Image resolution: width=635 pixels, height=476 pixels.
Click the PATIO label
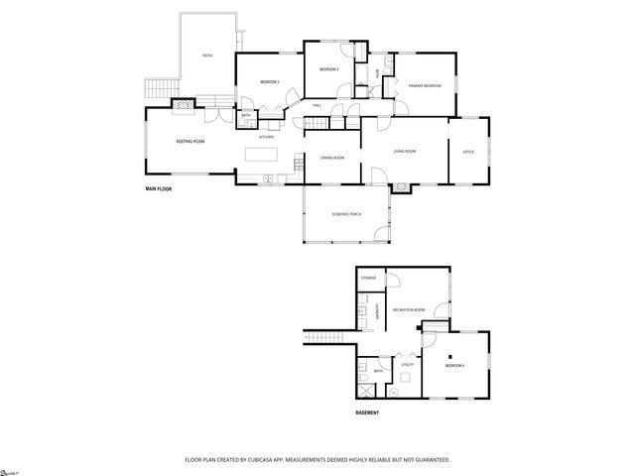pyautogui.click(x=207, y=56)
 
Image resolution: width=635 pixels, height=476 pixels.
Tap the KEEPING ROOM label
pyautogui.click(x=190, y=142)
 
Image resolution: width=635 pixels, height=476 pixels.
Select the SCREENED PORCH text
pyautogui.click(x=347, y=215)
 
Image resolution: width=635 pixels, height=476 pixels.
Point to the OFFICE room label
pyautogui.click(x=468, y=151)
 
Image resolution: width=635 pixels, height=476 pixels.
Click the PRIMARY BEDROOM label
pyautogui.click(x=425, y=86)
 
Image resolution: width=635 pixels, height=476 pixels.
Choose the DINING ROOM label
pyautogui.click(x=332, y=158)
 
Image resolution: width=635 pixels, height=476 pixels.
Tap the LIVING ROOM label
pyautogui.click(x=404, y=151)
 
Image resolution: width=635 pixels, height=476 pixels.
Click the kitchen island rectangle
pyautogui.click(x=263, y=155)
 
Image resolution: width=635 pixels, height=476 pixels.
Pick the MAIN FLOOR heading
pyautogui.click(x=159, y=187)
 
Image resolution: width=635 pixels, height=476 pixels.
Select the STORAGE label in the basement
pyautogui.click(x=368, y=279)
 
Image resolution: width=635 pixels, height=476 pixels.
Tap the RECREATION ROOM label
pyautogui.click(x=409, y=310)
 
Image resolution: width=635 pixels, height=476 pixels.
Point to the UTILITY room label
pyautogui.click(x=407, y=365)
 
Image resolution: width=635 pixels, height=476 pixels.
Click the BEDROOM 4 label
pyautogui.click(x=455, y=367)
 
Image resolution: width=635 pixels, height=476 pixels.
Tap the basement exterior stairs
pyautogui.click(x=322, y=336)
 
